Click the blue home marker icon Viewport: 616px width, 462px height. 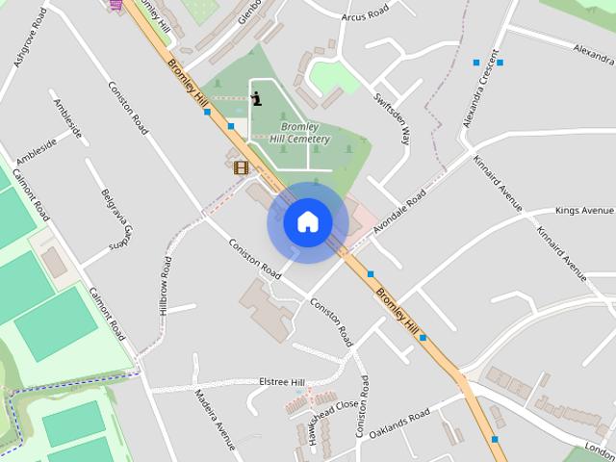307,221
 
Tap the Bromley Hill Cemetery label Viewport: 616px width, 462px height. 299,133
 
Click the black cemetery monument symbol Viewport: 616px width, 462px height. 256,97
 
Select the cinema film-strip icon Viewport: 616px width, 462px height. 241,167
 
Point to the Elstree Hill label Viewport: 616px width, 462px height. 281,382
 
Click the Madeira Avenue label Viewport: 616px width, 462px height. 215,420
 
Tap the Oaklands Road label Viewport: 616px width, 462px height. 405,419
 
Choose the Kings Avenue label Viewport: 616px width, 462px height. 584,210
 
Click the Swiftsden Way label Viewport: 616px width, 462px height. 405,120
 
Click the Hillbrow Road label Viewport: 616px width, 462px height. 165,285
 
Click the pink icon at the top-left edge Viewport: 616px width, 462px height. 115,4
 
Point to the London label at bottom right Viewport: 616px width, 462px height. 598,449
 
